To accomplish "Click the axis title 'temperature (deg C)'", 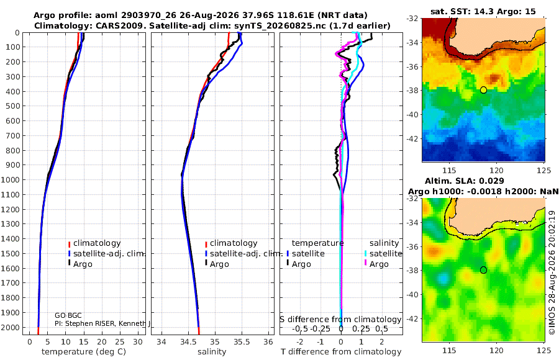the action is click(84, 352).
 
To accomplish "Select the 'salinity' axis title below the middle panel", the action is click(212, 352).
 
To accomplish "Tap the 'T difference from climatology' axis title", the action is click(341, 352).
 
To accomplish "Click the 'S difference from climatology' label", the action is click(341, 319).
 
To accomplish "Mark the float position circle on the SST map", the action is click(483, 90).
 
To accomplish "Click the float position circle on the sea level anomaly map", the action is click(483, 270).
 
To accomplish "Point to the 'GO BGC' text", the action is click(68, 315).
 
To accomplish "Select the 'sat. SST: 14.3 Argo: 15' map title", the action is click(483, 11).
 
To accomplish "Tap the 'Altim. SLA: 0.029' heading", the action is click(464, 181).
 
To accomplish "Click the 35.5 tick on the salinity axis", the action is click(242, 342).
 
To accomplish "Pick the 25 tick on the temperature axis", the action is click(120, 342).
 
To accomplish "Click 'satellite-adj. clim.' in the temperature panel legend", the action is click(109, 254).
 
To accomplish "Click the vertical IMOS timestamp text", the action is click(552, 272).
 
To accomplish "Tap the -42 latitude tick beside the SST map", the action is click(412, 138).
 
